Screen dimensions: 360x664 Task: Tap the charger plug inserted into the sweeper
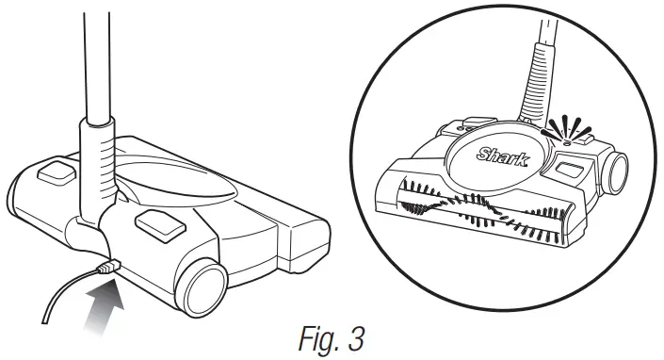pos(107,270)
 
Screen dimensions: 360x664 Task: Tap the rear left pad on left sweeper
pos(56,172)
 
